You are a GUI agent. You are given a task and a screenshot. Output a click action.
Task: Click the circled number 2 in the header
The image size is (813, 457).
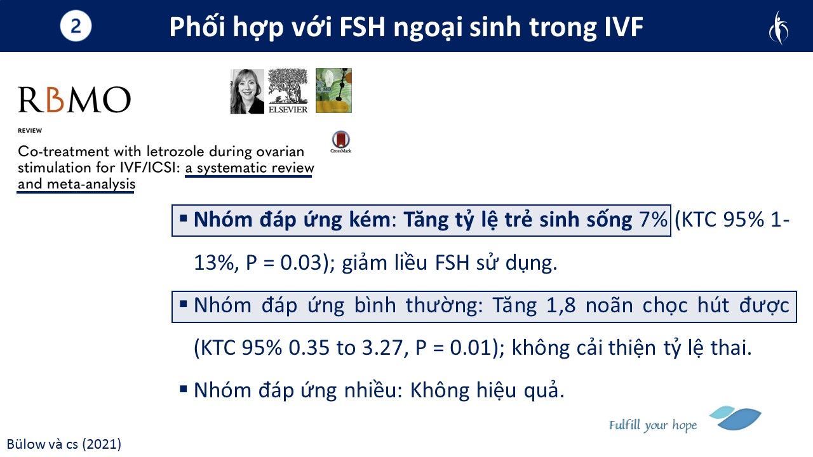pyautogui.click(x=76, y=26)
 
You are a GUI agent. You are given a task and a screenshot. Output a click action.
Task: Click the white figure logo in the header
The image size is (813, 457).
pyautogui.click(x=779, y=27)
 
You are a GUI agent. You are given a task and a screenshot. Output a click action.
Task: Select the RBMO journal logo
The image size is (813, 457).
pyautogui.click(x=74, y=100)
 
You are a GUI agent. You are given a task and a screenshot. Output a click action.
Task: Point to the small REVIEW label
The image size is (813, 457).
pyautogui.click(x=30, y=131)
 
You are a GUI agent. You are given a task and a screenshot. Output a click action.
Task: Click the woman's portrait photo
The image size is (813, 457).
pyautogui.click(x=247, y=91)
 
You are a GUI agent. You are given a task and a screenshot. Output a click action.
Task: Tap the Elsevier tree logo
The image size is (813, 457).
pyautogui.click(x=288, y=91)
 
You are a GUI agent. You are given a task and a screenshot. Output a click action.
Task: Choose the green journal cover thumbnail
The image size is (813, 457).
pyautogui.click(x=333, y=90)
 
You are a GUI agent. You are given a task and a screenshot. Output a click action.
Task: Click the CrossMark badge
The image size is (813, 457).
pyautogui.click(x=341, y=142)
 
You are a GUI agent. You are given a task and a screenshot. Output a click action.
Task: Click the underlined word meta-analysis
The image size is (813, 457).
pyautogui.click(x=91, y=184)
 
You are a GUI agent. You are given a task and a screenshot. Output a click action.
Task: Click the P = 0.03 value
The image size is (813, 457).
pyautogui.click(x=284, y=263)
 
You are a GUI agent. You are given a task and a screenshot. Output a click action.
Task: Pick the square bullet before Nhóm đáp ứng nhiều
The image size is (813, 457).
pyautogui.click(x=184, y=390)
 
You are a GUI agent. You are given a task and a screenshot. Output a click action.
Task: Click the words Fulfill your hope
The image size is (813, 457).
pyautogui.click(x=653, y=425)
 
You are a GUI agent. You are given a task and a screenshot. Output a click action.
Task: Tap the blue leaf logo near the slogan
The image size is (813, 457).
pyautogui.click(x=736, y=418)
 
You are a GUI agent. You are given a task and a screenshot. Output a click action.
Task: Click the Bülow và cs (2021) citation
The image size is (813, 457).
pyautogui.click(x=64, y=444)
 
